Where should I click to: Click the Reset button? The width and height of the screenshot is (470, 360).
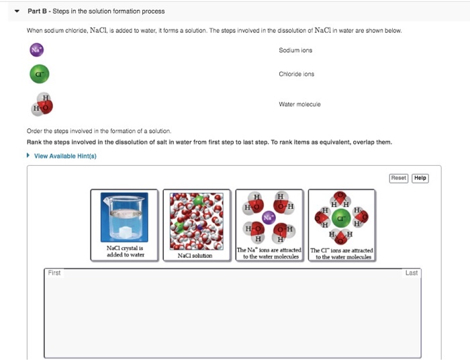point(399,178)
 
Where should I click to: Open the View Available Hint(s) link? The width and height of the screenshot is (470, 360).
point(65,156)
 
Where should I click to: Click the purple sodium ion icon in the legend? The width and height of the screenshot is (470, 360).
point(37,50)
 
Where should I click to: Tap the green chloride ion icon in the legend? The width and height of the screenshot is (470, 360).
point(40,74)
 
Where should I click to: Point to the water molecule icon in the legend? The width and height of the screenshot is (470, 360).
point(42,104)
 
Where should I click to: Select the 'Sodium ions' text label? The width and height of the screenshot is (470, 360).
point(295,50)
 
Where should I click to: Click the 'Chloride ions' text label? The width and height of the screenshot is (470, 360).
point(296,74)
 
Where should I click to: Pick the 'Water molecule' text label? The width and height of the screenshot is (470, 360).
point(299,104)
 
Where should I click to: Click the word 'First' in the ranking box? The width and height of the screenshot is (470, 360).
point(54,273)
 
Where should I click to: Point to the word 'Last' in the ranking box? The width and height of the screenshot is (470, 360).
point(412,273)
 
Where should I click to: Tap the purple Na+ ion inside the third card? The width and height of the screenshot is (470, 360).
point(269,218)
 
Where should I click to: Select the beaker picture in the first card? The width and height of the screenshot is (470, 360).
point(125,216)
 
